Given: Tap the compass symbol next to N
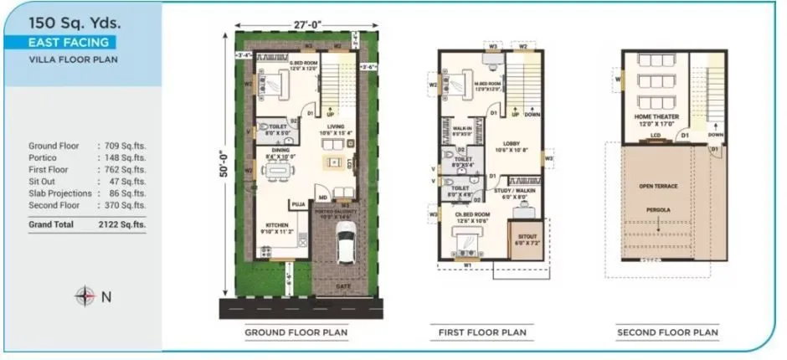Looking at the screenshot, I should point(85,295).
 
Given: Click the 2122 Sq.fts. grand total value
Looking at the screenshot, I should point(125,224).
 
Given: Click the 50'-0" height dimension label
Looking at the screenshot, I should point(224,157).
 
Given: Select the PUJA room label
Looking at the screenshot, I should point(297,203).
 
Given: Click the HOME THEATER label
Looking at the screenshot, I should point(656,116).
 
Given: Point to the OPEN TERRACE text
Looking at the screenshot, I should point(657,185).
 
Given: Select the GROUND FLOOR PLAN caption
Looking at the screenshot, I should point(296,332).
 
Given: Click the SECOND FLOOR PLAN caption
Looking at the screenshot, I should point(667,332).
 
